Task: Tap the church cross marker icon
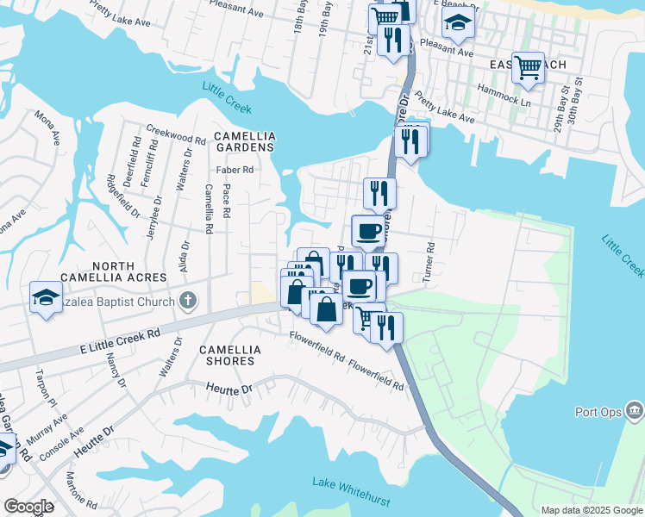pos(190,302)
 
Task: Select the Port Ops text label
pos(598,412)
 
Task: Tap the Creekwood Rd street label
pos(175,139)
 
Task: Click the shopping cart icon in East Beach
pos(527,65)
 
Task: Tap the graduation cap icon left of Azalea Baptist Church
pos(45,296)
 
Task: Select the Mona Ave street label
pos(47,127)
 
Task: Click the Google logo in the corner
pos(28,507)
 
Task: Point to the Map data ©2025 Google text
pos(591,510)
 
